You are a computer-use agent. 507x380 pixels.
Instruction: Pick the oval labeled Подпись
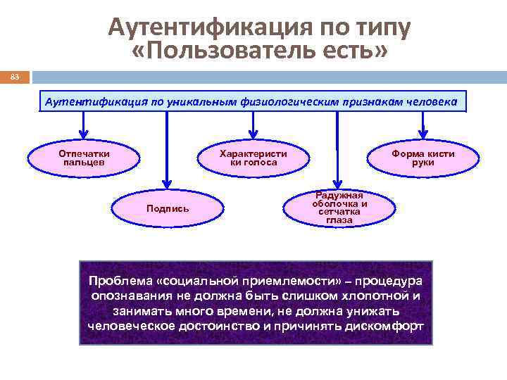tap(167, 208)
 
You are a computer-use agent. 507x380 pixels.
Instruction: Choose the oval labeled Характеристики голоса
tap(254, 158)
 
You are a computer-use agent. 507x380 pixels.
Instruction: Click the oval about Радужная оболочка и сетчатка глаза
tap(339, 205)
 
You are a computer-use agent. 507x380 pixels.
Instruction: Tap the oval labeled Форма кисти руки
tap(423, 158)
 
